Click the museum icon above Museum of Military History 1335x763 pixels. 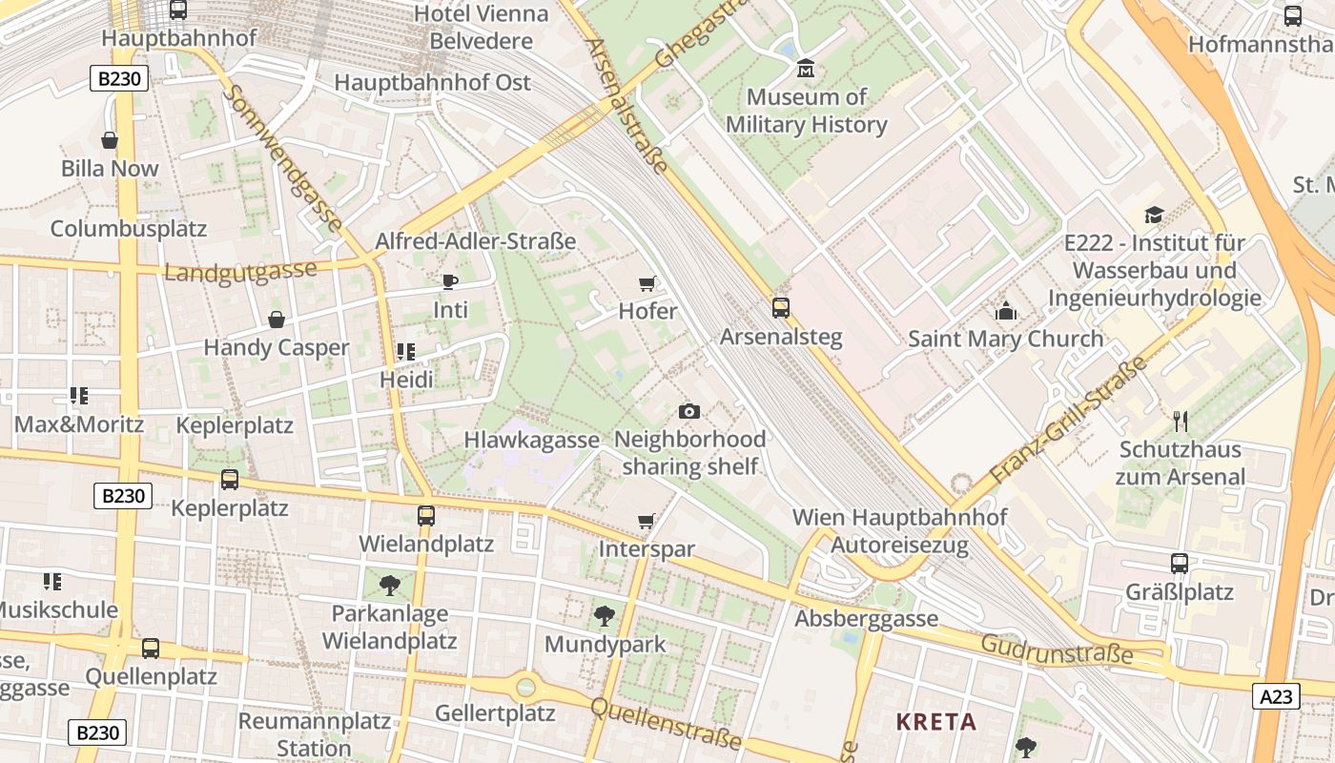[806, 69]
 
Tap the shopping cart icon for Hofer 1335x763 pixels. [647, 283]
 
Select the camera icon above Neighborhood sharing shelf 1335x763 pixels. [688, 411]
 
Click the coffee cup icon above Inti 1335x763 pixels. [450, 281]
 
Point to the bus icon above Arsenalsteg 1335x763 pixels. [780, 308]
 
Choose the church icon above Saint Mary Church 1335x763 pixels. [1005, 311]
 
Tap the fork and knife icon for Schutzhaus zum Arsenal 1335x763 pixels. [1181, 421]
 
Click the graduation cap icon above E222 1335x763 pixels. [1154, 215]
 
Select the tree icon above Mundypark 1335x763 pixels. [605, 616]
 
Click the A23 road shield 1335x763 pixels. [1276, 697]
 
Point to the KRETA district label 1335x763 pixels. [935, 722]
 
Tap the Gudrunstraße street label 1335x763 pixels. [1057, 650]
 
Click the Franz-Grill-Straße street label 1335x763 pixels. [1068, 421]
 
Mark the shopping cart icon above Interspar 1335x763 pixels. [647, 522]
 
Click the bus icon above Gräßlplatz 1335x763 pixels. [1180, 564]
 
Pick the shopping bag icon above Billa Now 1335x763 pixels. [110, 141]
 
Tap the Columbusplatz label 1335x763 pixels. [129, 229]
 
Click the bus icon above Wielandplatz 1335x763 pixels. [425, 516]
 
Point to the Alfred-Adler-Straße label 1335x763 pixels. [475, 241]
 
